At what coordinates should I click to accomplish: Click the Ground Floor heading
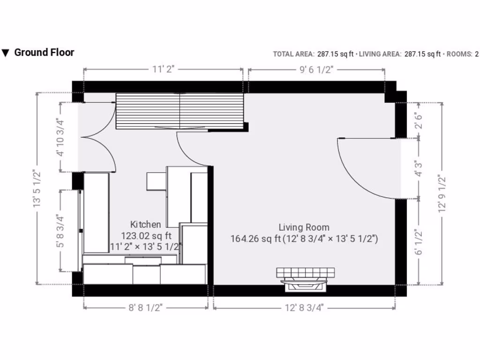[x=44, y=52]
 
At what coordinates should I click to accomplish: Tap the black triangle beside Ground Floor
[x=6, y=53]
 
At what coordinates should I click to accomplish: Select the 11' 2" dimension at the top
[x=163, y=69]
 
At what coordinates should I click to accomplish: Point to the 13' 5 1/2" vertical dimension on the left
[x=37, y=188]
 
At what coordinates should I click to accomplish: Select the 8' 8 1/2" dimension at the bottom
[x=145, y=307]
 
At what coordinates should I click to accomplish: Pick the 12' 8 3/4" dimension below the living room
[x=304, y=307]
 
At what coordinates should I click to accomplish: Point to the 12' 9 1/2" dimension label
[x=442, y=194]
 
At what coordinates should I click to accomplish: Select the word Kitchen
[x=145, y=225]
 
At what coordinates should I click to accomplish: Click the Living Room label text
[x=304, y=228]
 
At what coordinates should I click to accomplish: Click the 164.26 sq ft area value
[x=255, y=239]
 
